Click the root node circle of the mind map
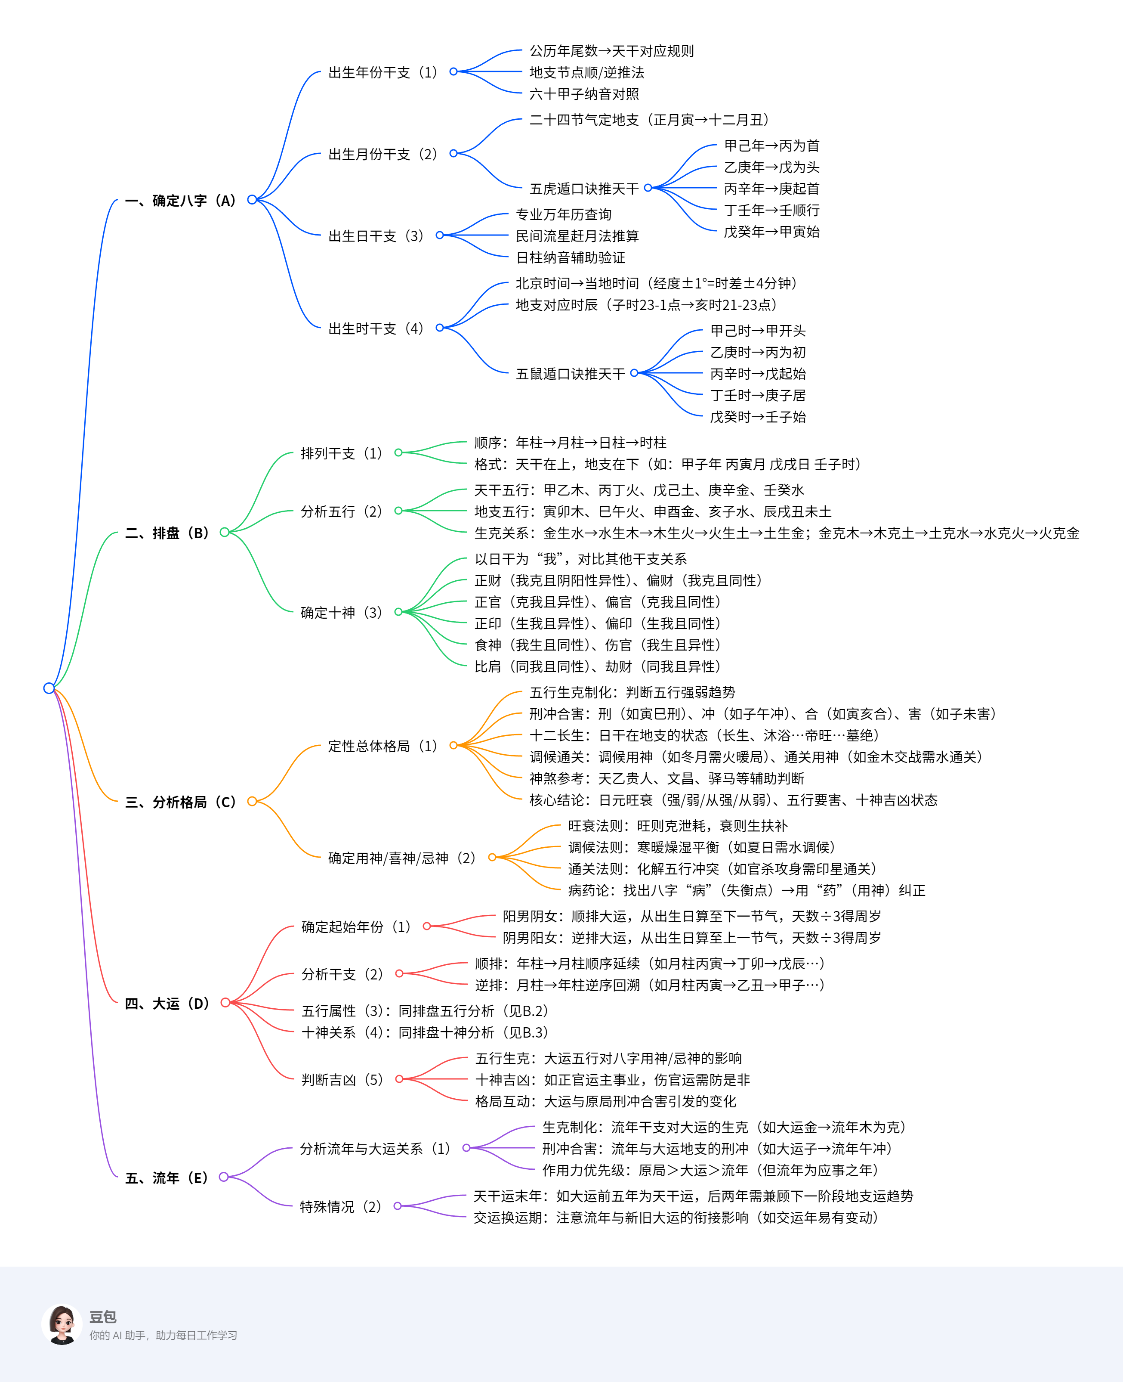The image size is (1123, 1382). (x=49, y=688)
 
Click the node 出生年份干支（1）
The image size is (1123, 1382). (x=383, y=72)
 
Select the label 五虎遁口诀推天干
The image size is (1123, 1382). (x=583, y=189)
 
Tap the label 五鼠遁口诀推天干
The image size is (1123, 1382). (x=570, y=374)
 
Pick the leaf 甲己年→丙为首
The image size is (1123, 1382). (x=771, y=146)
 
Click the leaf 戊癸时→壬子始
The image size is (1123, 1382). (x=758, y=417)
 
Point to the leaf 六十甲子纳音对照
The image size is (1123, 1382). (x=583, y=94)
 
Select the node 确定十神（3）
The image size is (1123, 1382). (x=342, y=612)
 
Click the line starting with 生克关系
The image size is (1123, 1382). (x=776, y=533)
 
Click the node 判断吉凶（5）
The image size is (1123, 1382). (x=342, y=1080)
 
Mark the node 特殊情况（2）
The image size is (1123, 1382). (x=341, y=1207)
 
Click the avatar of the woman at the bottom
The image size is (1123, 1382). (x=62, y=1324)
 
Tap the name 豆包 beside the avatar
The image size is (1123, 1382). (x=103, y=1317)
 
